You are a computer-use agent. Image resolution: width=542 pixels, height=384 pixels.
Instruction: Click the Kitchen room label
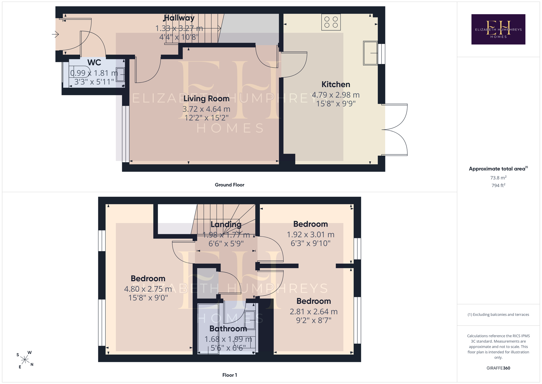click(x=336, y=84)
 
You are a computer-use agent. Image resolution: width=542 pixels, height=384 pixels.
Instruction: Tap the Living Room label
click(x=206, y=99)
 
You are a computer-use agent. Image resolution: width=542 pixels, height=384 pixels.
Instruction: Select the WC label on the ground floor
click(x=94, y=62)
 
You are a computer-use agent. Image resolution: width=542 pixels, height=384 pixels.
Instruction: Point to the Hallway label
click(x=179, y=18)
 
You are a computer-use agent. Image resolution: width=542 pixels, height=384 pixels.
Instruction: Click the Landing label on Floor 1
click(x=226, y=224)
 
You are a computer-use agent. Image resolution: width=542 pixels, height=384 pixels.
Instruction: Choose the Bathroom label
click(x=228, y=329)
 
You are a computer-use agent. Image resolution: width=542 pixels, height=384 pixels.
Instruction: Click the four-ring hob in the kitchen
click(x=331, y=22)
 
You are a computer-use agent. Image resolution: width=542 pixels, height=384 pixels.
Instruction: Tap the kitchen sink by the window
click(x=370, y=53)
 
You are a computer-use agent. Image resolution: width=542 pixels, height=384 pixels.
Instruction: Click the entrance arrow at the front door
click(x=55, y=34)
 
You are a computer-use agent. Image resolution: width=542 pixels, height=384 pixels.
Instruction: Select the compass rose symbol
click(x=25, y=360)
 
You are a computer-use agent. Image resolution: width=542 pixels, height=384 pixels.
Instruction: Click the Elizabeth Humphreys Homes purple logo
click(x=498, y=29)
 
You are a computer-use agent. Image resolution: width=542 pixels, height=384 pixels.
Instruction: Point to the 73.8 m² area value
click(x=498, y=178)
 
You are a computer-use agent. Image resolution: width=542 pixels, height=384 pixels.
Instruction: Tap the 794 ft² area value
click(x=498, y=185)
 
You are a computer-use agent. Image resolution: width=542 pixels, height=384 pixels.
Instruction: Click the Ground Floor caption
click(x=229, y=185)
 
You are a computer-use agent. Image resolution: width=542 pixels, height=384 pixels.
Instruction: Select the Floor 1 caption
click(x=230, y=375)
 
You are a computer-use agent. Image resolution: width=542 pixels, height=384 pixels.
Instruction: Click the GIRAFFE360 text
click(x=498, y=368)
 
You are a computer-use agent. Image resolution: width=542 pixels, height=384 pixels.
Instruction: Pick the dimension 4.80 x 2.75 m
click(x=148, y=289)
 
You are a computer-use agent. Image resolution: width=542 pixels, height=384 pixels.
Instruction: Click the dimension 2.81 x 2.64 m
click(x=314, y=312)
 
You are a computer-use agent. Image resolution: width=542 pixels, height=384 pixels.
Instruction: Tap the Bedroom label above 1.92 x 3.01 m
click(x=310, y=224)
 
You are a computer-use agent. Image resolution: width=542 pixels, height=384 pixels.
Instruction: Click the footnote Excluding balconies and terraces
click(x=498, y=315)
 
